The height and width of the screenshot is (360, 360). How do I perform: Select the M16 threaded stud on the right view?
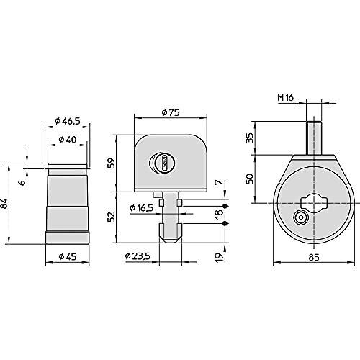tap(313, 135)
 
